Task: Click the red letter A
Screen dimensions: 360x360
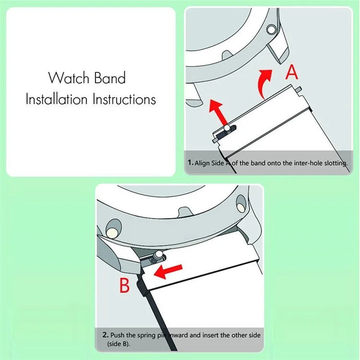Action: click(292, 72)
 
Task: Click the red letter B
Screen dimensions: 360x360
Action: click(124, 286)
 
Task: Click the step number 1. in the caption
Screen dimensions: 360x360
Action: click(190, 163)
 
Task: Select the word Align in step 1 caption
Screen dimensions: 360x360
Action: click(202, 163)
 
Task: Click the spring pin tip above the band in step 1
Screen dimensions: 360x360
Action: click(226, 129)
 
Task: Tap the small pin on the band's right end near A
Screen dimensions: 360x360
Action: click(300, 88)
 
